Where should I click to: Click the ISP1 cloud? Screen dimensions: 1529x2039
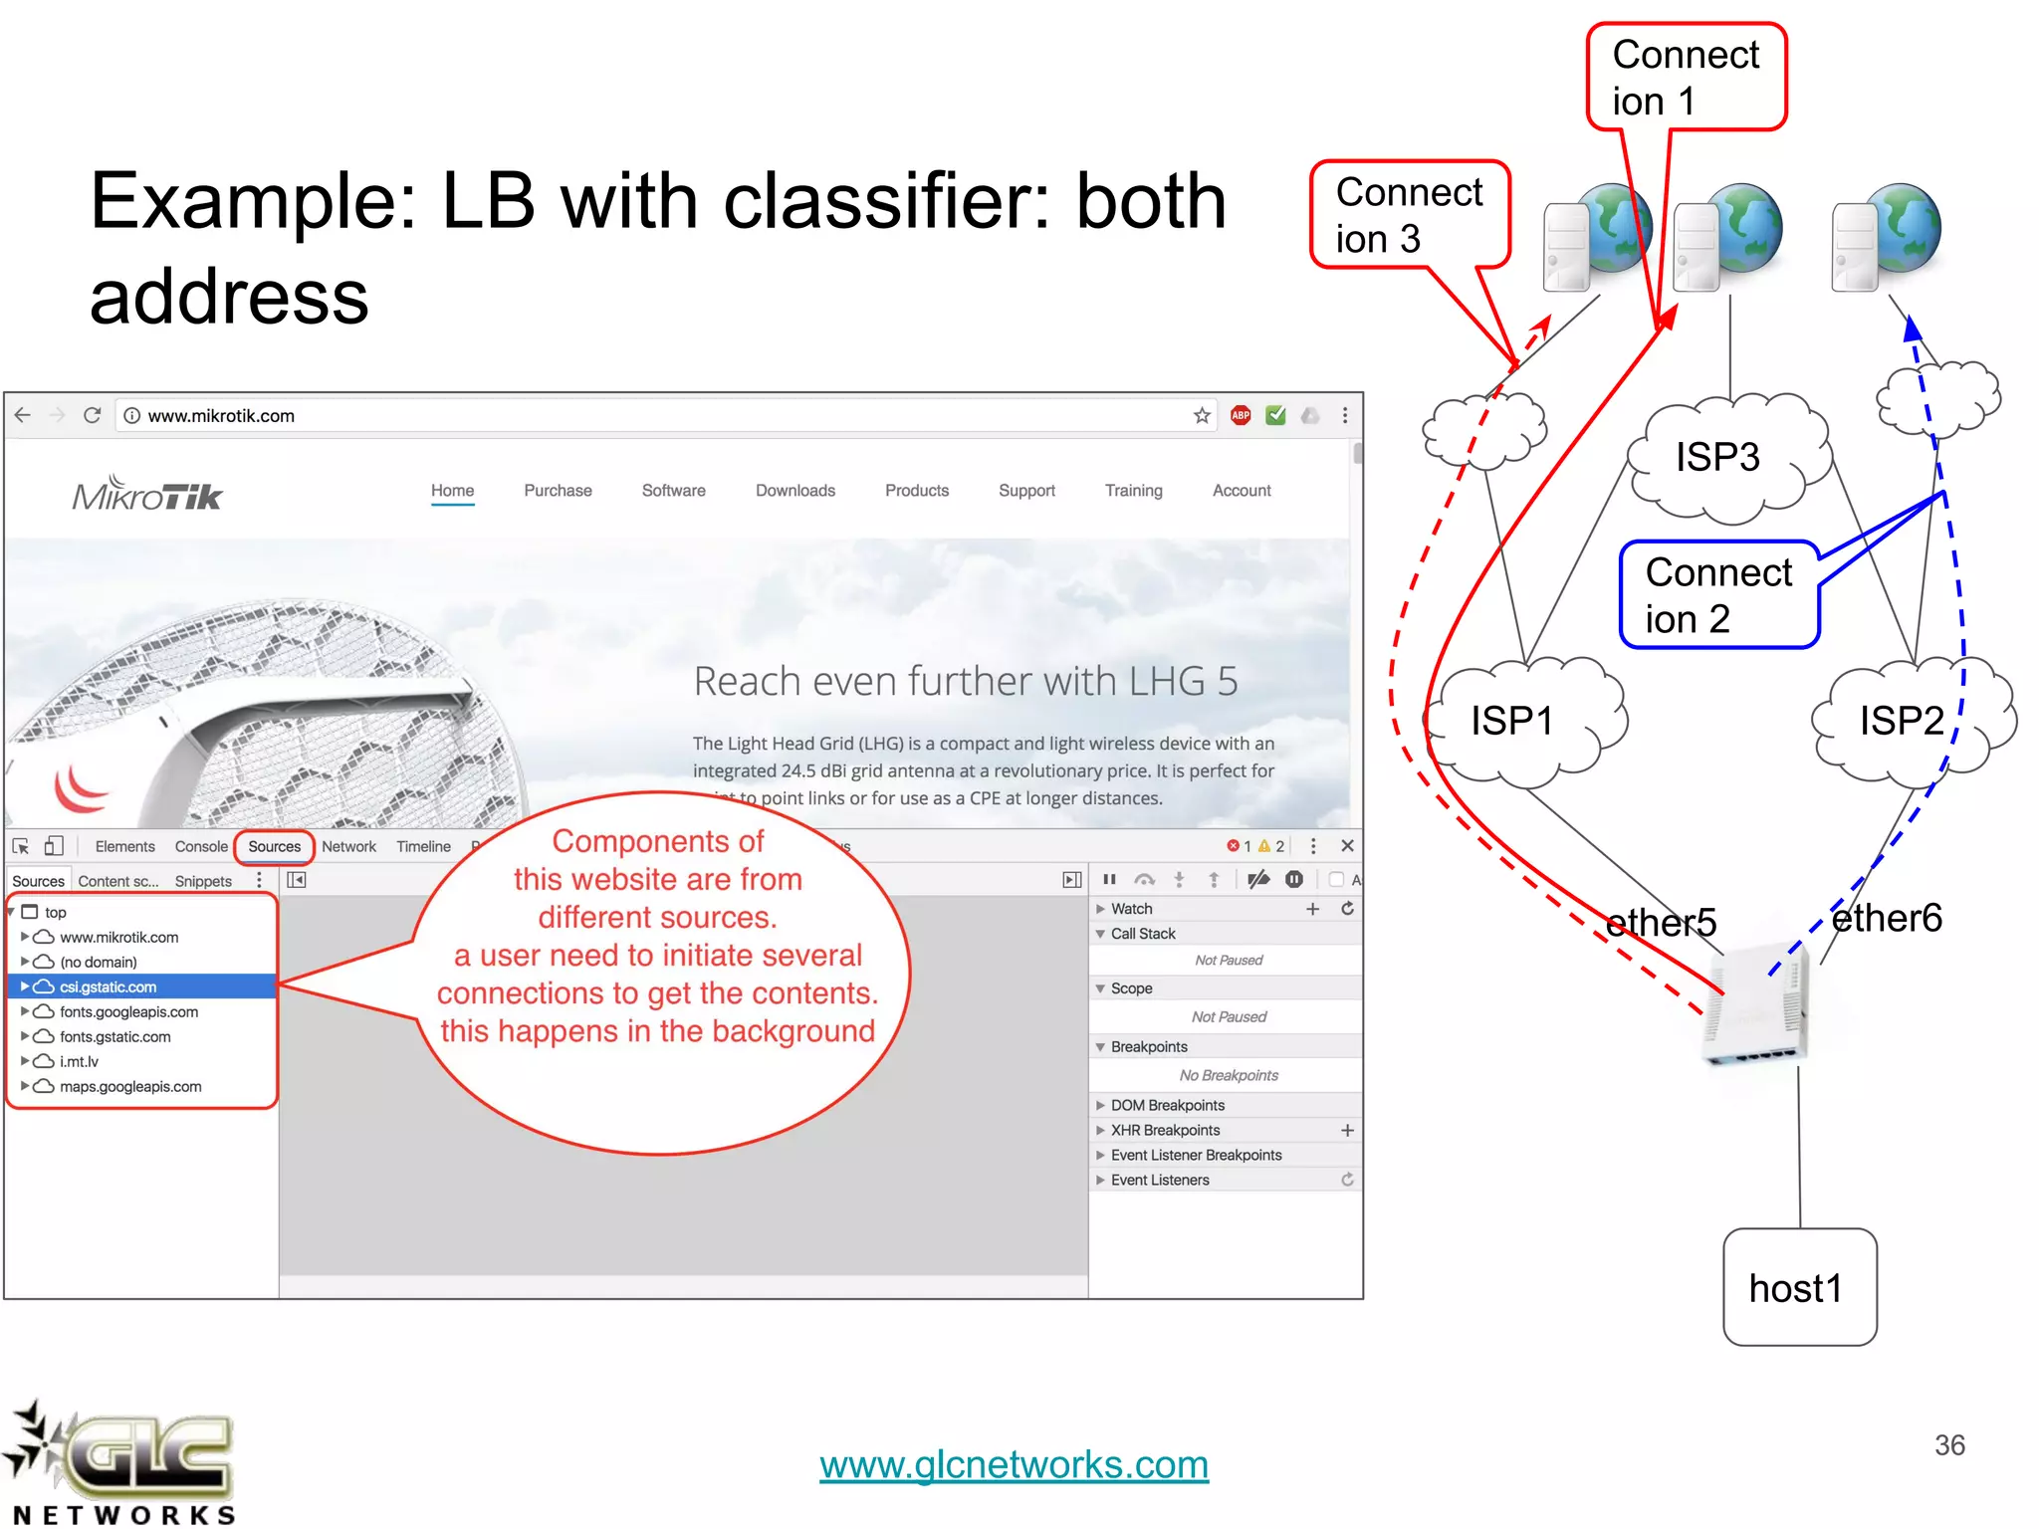click(x=1523, y=722)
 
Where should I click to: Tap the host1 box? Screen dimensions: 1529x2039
click(x=1799, y=1287)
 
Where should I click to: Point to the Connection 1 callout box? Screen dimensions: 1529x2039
click(x=1687, y=78)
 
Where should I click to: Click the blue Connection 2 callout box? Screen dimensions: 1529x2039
click(x=1718, y=595)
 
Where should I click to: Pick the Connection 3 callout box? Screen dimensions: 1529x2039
click(x=1410, y=215)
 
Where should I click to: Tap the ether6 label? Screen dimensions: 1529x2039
click(x=1887, y=918)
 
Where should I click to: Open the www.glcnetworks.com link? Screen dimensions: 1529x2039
click(x=1014, y=1464)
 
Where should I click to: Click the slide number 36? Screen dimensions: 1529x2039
click(x=1949, y=1445)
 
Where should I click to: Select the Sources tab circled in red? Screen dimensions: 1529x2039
click(x=274, y=847)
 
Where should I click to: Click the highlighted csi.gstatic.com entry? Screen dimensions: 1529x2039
click(x=108, y=987)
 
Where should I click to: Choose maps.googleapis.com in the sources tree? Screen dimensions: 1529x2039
click(x=129, y=1087)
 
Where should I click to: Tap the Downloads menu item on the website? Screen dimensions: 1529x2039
click(x=794, y=491)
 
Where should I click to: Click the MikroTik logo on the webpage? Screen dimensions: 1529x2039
click(x=147, y=494)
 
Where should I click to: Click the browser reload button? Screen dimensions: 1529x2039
click(x=93, y=415)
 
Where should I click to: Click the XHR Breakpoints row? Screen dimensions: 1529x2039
click(x=1165, y=1131)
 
